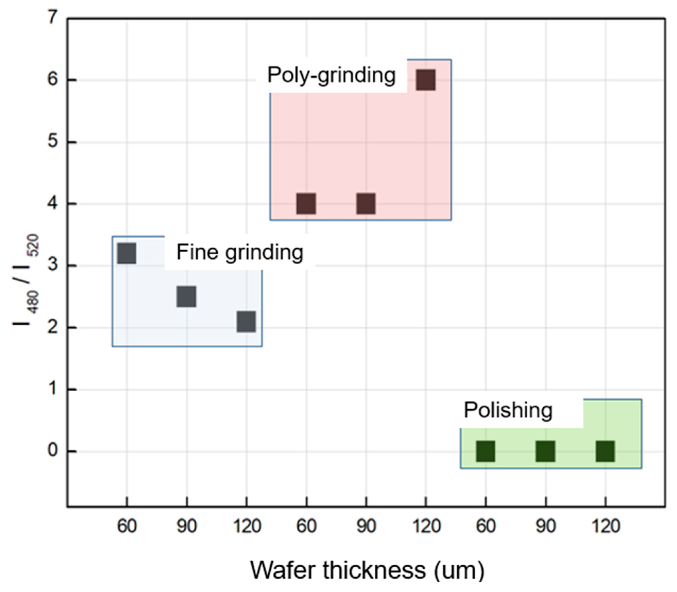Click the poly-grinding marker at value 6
425,80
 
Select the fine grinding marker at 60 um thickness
127,253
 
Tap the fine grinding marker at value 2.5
186,296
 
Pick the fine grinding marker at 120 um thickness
246,321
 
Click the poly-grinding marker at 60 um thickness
306,203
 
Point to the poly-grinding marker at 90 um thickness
366,203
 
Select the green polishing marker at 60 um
486,451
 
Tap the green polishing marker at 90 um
546,451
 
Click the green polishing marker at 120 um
605,451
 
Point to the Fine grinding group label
240,253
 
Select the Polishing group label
508,411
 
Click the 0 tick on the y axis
53,451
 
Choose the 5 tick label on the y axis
53,142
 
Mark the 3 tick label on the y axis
53,265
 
